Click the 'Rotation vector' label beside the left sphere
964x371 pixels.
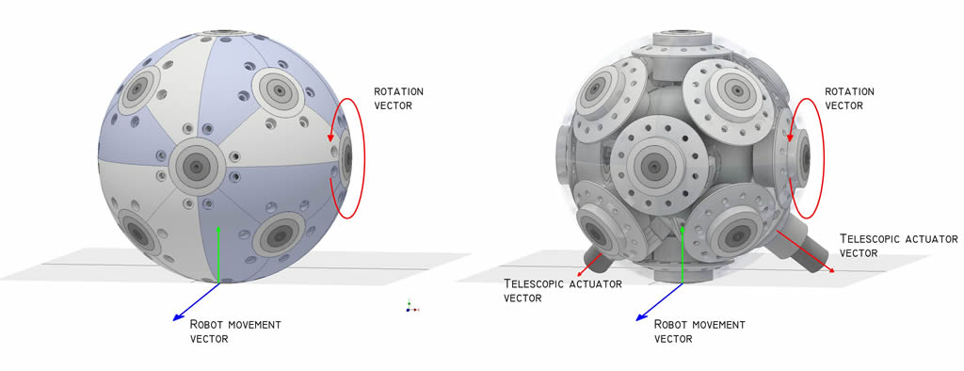click(398, 99)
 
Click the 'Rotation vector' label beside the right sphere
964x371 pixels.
click(849, 99)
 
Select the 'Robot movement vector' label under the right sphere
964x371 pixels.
click(699, 331)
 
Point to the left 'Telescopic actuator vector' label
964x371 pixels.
click(563, 290)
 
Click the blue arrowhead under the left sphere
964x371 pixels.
click(177, 317)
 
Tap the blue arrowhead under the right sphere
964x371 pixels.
click(640, 317)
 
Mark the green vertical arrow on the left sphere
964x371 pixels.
click(218, 253)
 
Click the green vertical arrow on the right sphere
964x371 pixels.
click(683, 253)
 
